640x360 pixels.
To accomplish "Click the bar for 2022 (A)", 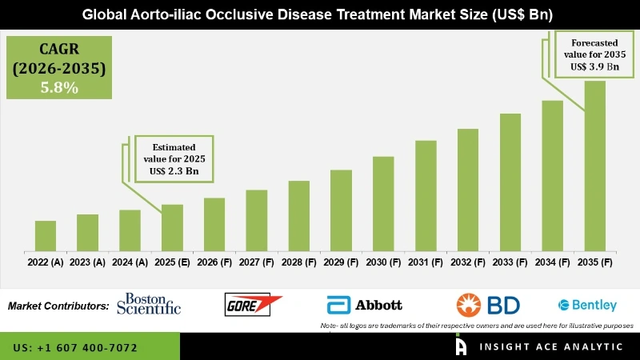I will (x=46, y=235).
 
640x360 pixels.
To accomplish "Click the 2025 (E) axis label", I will (x=172, y=262).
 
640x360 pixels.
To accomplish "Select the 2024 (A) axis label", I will (x=130, y=262).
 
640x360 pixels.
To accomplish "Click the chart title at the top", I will (x=319, y=14).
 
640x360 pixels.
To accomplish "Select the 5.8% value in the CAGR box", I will (x=59, y=89).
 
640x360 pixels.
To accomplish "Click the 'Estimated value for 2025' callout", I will (x=175, y=158).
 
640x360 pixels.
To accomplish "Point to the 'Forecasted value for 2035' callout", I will (x=595, y=54).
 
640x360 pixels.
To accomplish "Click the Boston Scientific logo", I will (x=149, y=304).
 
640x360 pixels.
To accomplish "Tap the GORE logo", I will (x=253, y=305).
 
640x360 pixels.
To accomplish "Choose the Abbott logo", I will (x=364, y=305).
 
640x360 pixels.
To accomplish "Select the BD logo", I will (x=488, y=305).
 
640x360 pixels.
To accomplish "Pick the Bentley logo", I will (x=587, y=305).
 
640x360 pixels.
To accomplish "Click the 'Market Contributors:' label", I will (x=58, y=306).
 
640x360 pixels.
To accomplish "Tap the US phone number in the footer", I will (x=75, y=348).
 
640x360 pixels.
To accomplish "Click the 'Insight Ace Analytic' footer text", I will (x=552, y=348).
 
